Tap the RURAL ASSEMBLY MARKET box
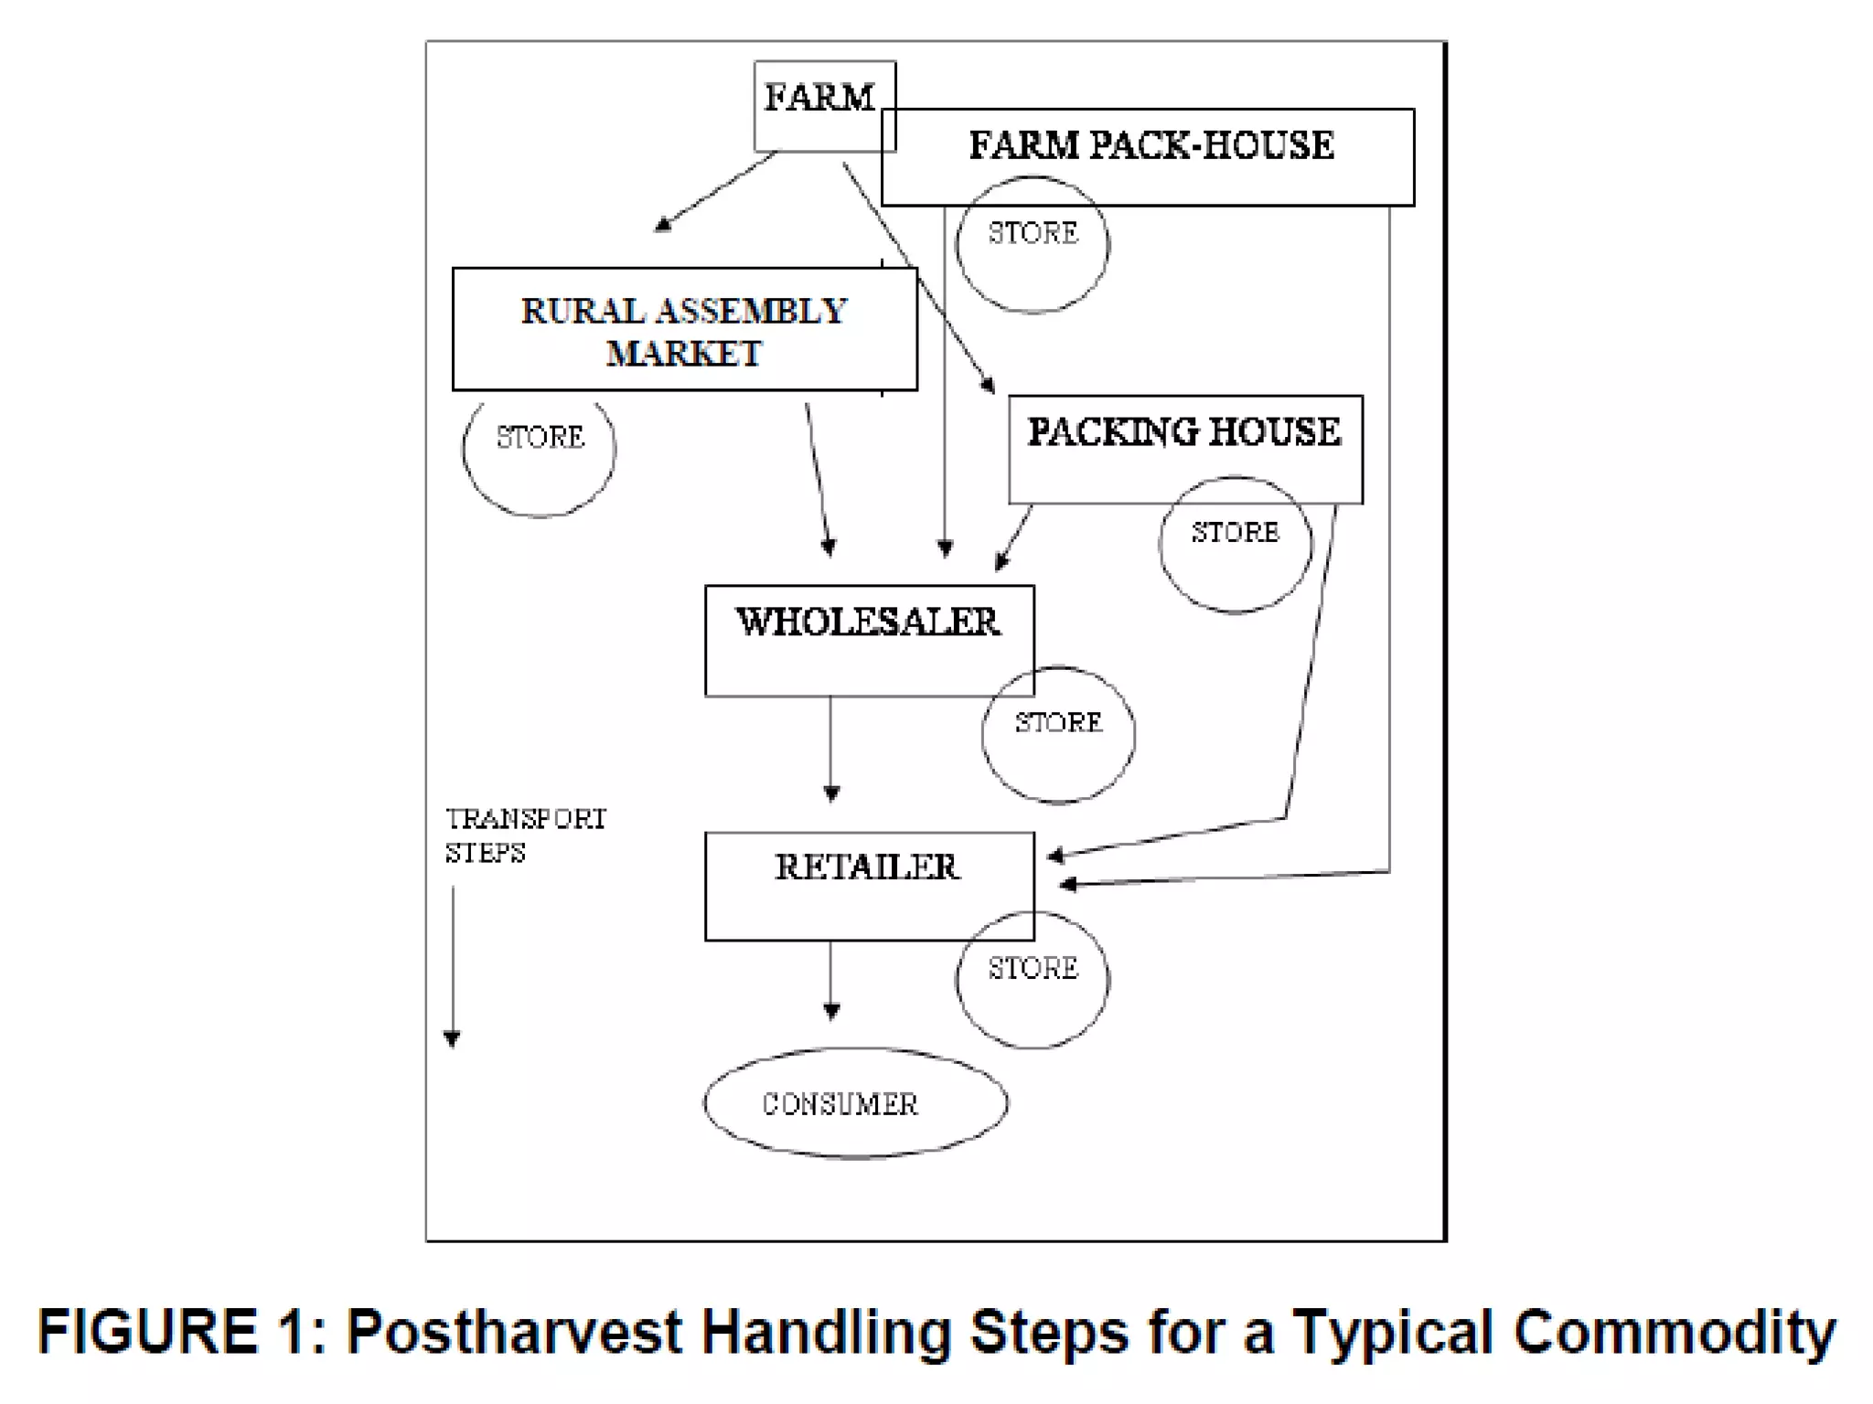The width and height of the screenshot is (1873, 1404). (684, 330)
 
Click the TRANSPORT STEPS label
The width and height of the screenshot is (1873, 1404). (525, 835)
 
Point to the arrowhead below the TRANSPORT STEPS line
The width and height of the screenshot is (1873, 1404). (452, 1038)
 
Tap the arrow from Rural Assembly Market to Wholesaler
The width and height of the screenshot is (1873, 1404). (818, 475)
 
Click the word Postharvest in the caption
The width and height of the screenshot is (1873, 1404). (514, 1332)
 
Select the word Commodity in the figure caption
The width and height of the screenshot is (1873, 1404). (1674, 1332)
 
